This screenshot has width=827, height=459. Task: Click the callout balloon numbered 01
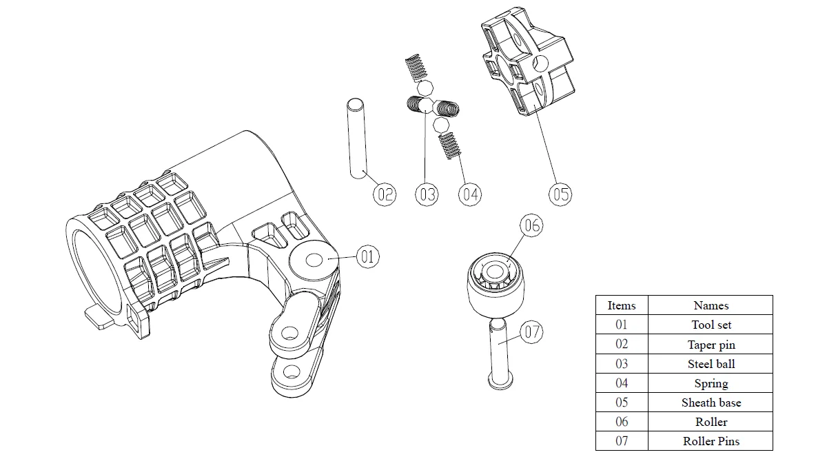click(367, 257)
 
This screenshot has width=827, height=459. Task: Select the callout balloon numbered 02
click(385, 194)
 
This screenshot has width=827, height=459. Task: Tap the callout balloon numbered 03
click(427, 194)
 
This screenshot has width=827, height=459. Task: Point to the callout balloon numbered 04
click(470, 194)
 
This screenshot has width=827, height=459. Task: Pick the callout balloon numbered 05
click(560, 194)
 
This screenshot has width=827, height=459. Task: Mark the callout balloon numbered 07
click(531, 332)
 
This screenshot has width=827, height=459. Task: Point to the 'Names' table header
click(711, 305)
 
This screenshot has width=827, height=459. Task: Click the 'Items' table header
click(622, 305)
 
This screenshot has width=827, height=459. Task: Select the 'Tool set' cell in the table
click(711, 325)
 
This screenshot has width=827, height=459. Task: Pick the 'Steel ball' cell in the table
click(711, 364)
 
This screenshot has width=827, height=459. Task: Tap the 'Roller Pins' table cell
click(711, 441)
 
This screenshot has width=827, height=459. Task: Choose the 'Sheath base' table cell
click(711, 402)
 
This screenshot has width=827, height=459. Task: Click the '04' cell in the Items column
click(622, 383)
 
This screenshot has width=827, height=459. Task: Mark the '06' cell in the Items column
click(622, 422)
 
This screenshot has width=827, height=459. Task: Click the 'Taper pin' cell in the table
click(711, 345)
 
